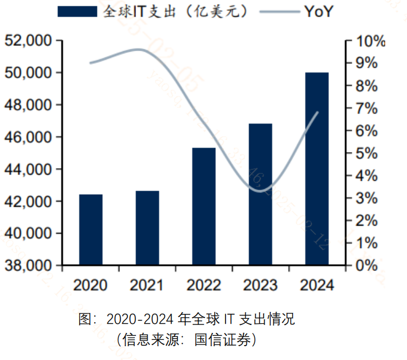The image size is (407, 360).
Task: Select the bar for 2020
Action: (91, 230)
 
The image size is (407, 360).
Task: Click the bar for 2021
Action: (147, 228)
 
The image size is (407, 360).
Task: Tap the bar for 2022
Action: (204, 207)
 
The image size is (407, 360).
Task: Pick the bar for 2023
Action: (260, 195)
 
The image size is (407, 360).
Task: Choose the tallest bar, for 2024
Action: (317, 169)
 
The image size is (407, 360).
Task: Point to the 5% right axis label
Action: (366, 153)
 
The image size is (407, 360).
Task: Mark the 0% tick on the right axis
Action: (366, 266)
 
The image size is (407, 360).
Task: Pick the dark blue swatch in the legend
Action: (77, 11)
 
